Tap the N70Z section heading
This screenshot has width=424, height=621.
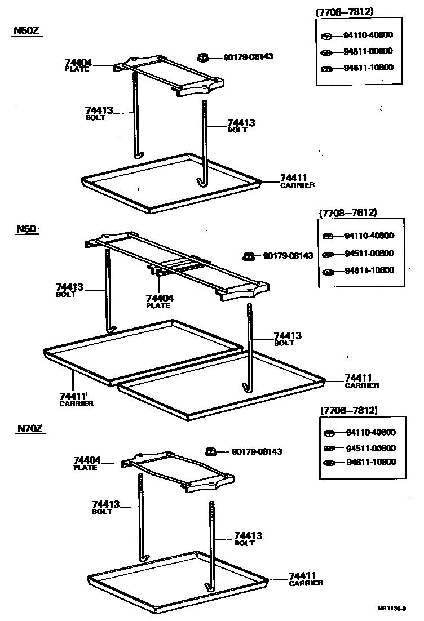[x=29, y=429]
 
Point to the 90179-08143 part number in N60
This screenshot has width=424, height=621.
[x=288, y=256]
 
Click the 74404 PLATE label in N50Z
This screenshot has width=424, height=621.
[x=78, y=65]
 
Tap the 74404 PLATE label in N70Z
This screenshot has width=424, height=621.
[x=86, y=463]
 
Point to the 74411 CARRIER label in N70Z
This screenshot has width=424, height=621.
[x=306, y=579]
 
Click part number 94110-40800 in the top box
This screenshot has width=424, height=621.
[x=368, y=35]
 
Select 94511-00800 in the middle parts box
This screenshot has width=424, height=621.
[x=369, y=254]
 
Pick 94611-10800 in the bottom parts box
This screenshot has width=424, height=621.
[x=370, y=462]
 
